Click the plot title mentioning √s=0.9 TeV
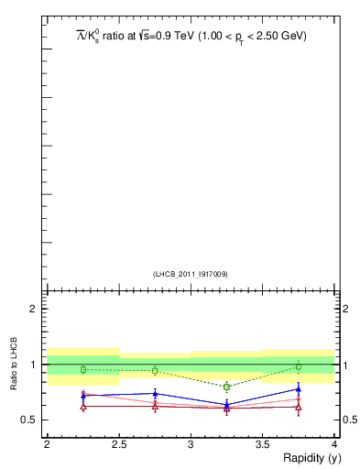[191, 37]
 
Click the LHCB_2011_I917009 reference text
[190, 274]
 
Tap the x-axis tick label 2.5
[118, 444]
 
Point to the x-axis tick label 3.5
[262, 444]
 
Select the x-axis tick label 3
[191, 444]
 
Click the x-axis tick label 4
[334, 444]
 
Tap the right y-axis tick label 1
[346, 365]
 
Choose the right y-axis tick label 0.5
[350, 420]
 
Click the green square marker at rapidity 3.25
[227, 387]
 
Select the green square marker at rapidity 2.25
[83, 369]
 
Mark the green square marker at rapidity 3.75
[299, 366]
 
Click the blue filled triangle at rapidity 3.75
[299, 389]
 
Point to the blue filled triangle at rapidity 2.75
[155, 394]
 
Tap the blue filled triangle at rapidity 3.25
[227, 404]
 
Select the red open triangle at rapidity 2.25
[83, 406]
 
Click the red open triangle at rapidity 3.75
[299, 406]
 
